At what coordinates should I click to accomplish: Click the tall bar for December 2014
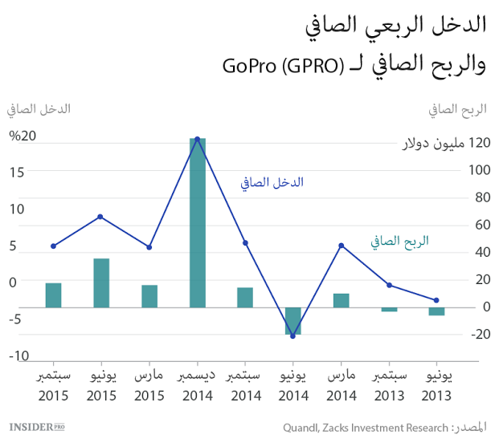[x=197, y=222]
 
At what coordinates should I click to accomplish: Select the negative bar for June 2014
[x=293, y=320]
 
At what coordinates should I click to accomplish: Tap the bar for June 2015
[x=101, y=283]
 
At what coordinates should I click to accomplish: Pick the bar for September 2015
[x=53, y=295]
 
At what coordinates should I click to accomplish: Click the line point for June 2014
[x=293, y=336]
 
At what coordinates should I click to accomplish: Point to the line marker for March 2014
[x=342, y=245]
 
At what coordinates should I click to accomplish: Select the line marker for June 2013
[x=436, y=300]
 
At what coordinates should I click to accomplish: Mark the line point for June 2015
[x=100, y=217]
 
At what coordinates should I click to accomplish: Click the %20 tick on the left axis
[x=22, y=135]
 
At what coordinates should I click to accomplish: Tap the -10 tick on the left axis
[x=19, y=356]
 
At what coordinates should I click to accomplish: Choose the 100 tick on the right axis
[x=479, y=170]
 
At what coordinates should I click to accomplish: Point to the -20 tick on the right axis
[x=479, y=335]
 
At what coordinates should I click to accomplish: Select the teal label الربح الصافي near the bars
[x=399, y=240]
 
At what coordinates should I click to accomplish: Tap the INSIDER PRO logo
[x=36, y=426]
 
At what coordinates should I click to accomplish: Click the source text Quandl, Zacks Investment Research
[x=362, y=426]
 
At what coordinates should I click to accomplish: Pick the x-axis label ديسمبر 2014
[x=197, y=385]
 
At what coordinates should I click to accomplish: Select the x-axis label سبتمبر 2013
[x=389, y=385]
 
